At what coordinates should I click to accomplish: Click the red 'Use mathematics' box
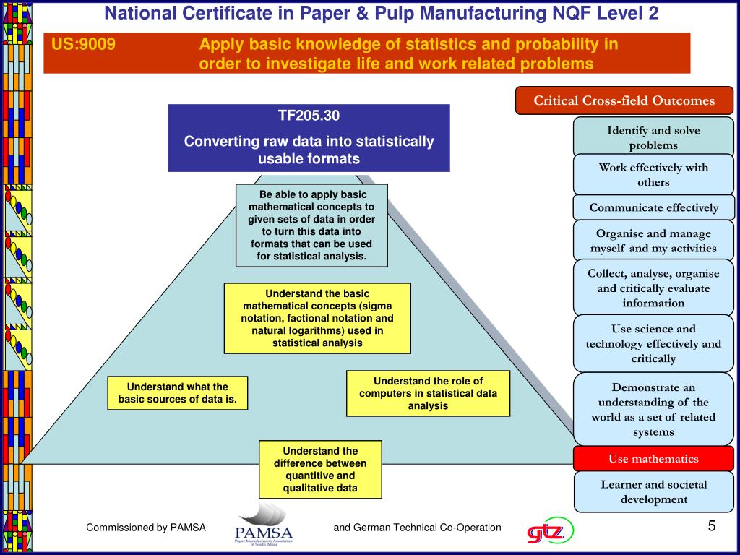pyautogui.click(x=653, y=459)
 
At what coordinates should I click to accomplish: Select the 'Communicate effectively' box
pyautogui.click(x=653, y=208)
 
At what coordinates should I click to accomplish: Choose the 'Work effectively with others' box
pyautogui.click(x=653, y=175)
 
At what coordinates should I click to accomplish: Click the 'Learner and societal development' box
pyautogui.click(x=653, y=491)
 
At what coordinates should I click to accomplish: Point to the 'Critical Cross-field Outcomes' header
pyautogui.click(x=624, y=101)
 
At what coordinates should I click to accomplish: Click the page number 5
pyautogui.click(x=711, y=525)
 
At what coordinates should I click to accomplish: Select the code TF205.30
pyautogui.click(x=309, y=116)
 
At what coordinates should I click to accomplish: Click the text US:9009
pyautogui.click(x=83, y=45)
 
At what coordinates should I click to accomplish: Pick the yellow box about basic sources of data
pyautogui.click(x=177, y=393)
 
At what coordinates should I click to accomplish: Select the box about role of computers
pyautogui.click(x=428, y=393)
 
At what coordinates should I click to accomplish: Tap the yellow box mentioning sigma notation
pyautogui.click(x=317, y=318)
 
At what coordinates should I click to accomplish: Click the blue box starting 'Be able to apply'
pyautogui.click(x=312, y=225)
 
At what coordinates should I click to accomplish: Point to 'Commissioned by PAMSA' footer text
pyautogui.click(x=146, y=528)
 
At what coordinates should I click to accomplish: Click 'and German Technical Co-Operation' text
pyautogui.click(x=417, y=528)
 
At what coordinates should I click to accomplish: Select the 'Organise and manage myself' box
pyautogui.click(x=653, y=241)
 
